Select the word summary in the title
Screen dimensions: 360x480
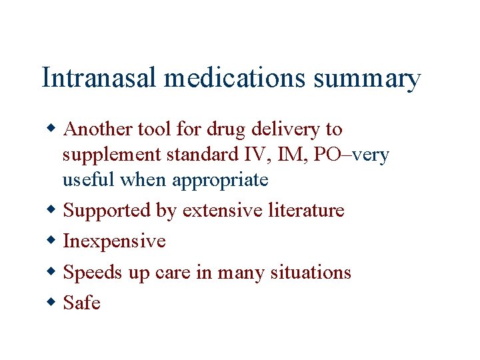tap(367, 79)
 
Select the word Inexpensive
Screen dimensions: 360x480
tap(114, 241)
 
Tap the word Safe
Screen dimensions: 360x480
tap(81, 303)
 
